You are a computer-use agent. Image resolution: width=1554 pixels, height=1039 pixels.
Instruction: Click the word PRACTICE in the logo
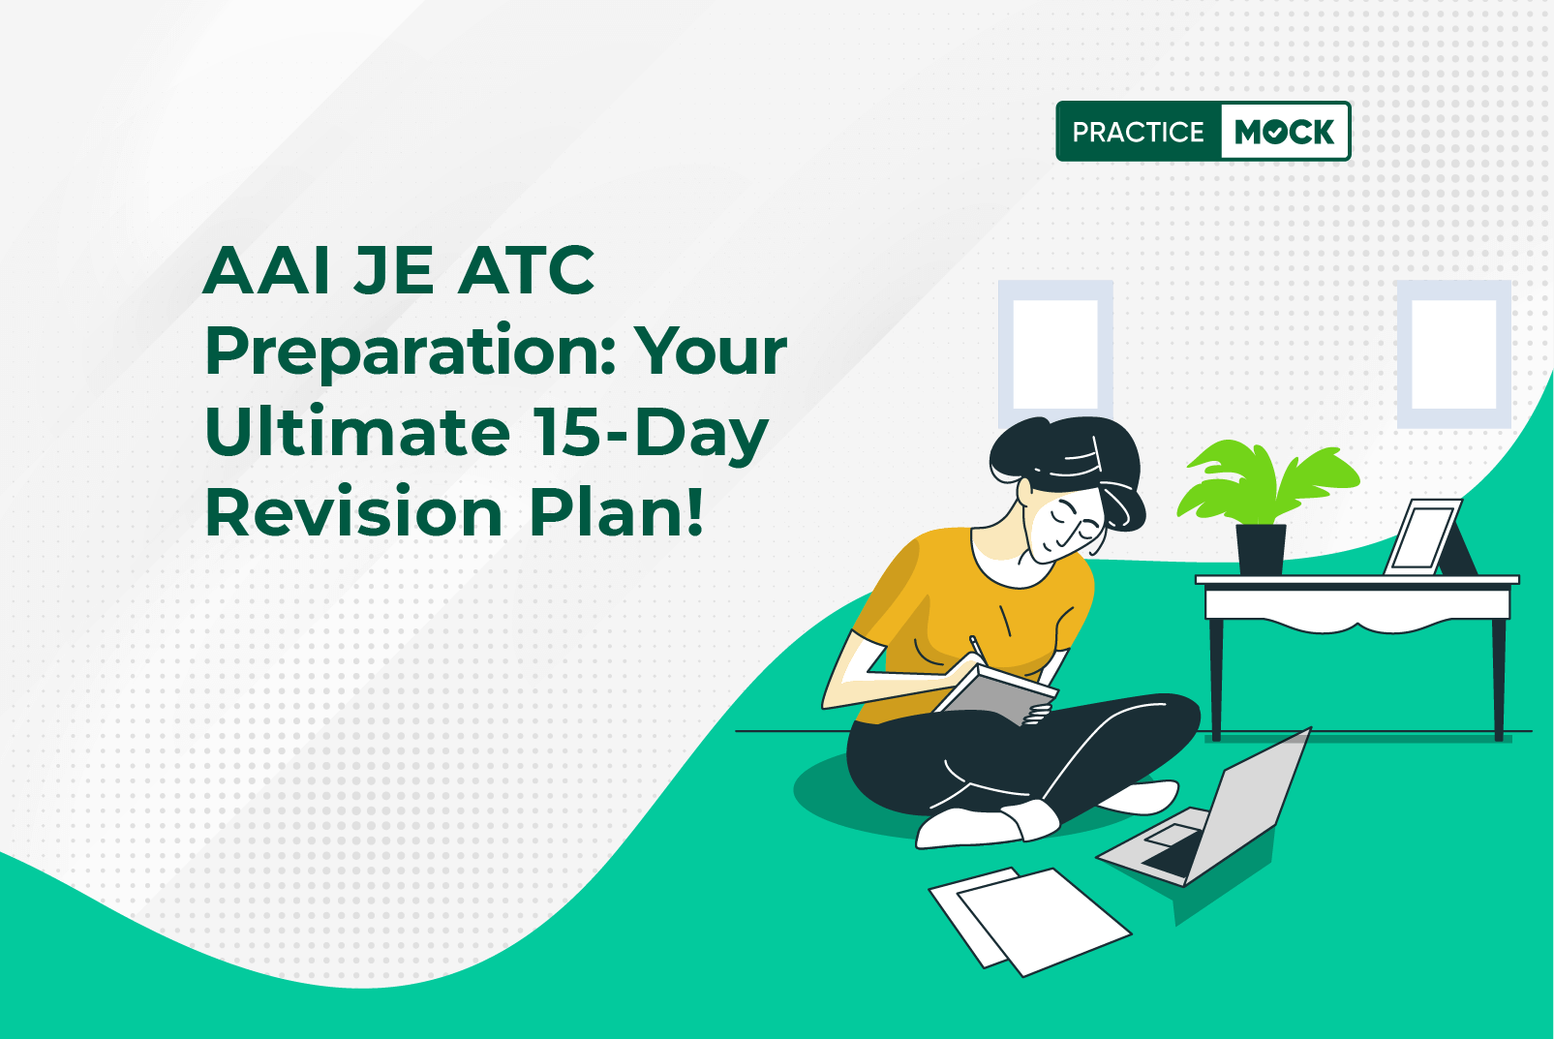tap(1138, 132)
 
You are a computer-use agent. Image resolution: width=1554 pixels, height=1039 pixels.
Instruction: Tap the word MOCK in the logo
tap(1285, 132)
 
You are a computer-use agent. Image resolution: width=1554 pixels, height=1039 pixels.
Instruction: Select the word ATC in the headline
tap(526, 270)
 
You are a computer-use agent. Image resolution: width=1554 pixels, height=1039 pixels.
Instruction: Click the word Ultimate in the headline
tap(358, 432)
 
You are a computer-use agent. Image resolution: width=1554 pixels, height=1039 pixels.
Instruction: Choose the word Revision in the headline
tap(353, 513)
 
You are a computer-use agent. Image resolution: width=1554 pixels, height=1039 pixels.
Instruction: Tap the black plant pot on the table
tap(1261, 549)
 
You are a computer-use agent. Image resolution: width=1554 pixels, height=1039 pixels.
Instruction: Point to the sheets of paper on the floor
tap(1030, 921)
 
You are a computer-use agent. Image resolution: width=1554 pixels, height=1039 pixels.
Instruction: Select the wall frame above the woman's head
tap(1055, 353)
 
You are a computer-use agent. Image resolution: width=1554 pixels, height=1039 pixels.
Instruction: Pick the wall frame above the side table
tap(1453, 353)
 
